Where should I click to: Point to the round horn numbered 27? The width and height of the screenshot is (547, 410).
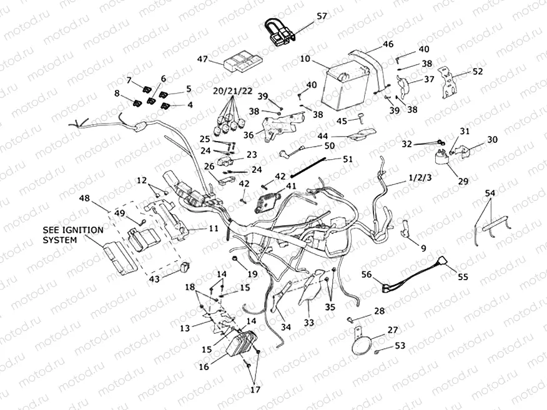pos(362,344)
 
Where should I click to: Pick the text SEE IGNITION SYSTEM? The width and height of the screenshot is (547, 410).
pos(72,235)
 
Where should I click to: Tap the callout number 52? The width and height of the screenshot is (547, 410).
pos(478,72)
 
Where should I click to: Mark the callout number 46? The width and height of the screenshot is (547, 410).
pos(388,44)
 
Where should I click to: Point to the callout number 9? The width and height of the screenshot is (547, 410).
pos(423,248)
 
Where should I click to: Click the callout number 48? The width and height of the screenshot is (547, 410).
pos(84,199)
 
